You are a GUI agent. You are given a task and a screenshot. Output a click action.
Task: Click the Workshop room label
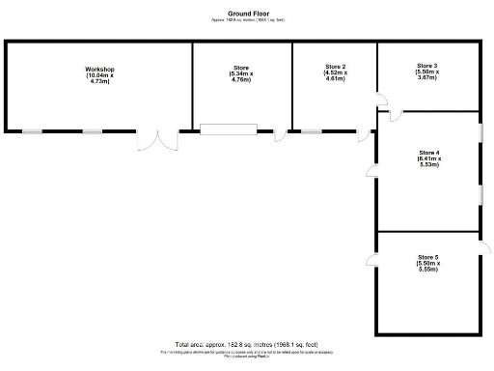[99, 70]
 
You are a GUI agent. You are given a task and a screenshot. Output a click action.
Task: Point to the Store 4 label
[429, 153]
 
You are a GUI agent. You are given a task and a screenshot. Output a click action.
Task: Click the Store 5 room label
[429, 257]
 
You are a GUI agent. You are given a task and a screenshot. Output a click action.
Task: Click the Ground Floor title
[247, 14]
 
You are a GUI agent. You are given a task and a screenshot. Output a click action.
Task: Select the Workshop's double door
[157, 140]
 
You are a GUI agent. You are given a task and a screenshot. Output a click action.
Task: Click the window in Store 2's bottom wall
[312, 130]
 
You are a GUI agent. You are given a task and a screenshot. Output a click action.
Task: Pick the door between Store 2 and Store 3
[381, 99]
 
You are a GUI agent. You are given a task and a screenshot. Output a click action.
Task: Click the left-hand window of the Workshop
[34, 130]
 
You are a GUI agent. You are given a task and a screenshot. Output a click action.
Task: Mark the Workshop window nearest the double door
[93, 130]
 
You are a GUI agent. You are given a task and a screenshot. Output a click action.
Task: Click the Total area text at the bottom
[247, 345]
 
